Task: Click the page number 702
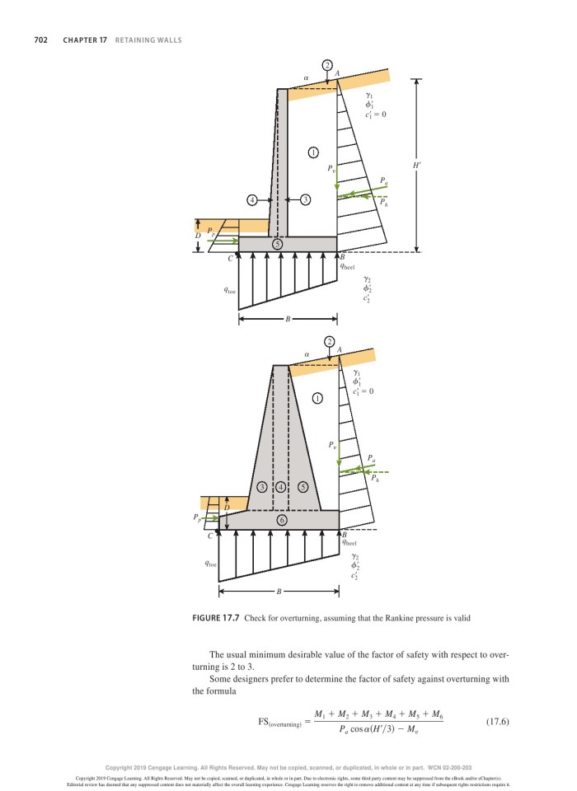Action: pyautogui.click(x=40, y=40)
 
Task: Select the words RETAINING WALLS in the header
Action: pyautogui.click(x=148, y=40)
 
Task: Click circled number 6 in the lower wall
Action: pyautogui.click(x=282, y=521)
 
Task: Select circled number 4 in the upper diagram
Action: pyautogui.click(x=252, y=199)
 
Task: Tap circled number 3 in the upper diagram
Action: pyautogui.click(x=305, y=199)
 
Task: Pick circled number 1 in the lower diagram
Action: pyautogui.click(x=317, y=399)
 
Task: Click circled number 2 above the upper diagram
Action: pyautogui.click(x=327, y=64)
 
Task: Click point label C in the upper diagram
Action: pyautogui.click(x=231, y=259)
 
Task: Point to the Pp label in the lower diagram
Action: pyautogui.click(x=197, y=517)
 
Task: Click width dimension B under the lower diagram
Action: pyautogui.click(x=279, y=592)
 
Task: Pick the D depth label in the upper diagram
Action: pyautogui.click(x=198, y=236)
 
